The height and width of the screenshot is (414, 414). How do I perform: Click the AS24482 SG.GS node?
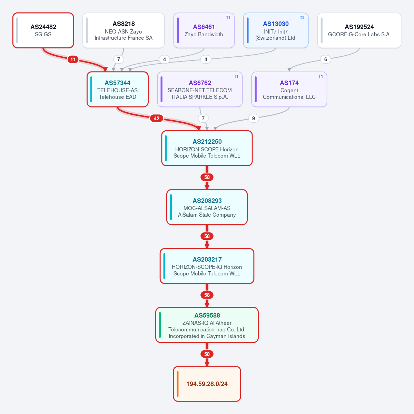click(43, 30)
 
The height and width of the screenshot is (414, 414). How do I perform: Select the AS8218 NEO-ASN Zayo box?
click(124, 30)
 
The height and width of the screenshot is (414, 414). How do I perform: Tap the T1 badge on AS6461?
click(228, 18)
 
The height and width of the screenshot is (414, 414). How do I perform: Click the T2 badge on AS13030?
click(302, 18)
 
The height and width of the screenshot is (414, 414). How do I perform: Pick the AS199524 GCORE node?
click(359, 30)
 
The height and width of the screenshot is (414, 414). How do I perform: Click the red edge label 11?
click(73, 59)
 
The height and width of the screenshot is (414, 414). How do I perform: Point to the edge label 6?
click(325, 59)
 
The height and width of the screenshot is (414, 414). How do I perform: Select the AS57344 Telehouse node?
click(118, 90)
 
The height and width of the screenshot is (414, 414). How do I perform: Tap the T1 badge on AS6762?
click(236, 76)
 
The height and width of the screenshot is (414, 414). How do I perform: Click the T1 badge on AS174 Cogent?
click(321, 76)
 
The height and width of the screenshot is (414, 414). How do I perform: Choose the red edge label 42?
click(157, 119)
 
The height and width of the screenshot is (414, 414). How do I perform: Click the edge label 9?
click(254, 119)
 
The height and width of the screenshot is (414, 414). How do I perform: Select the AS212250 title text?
click(207, 142)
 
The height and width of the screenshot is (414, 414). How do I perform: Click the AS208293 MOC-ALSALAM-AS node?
click(207, 207)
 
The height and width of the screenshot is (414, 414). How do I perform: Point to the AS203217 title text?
click(207, 260)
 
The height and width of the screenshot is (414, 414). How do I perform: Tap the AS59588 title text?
click(207, 316)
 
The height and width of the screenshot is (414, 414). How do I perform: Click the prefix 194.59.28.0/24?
click(207, 384)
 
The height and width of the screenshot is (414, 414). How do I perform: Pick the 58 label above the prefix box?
click(207, 354)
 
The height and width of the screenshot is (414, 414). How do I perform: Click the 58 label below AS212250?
click(207, 177)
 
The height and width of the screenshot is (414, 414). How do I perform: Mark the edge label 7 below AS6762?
click(203, 119)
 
